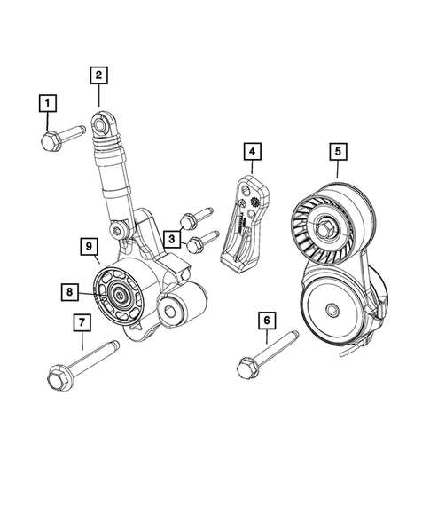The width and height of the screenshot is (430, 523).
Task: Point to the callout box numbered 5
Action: [337, 152]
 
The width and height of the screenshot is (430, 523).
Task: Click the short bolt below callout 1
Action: [60, 136]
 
